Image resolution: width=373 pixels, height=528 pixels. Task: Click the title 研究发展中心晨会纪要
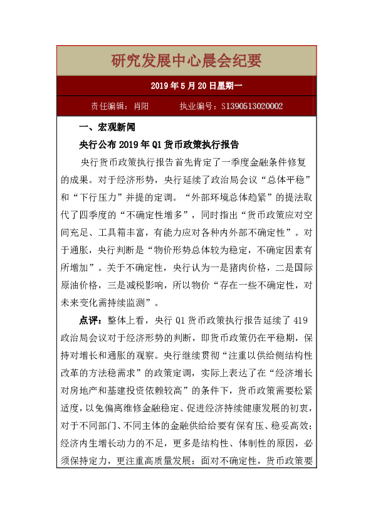click(186, 61)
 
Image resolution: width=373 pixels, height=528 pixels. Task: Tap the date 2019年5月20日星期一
click(186, 85)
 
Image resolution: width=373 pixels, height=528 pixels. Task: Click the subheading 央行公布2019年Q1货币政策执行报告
click(159, 144)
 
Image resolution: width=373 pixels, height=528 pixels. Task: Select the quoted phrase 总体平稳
click(285, 179)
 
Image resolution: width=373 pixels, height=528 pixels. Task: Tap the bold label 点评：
click(92, 320)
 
